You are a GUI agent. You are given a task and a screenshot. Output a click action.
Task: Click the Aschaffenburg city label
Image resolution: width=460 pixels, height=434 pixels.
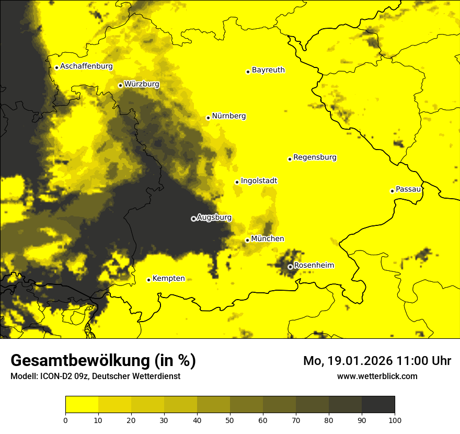[x=86, y=66]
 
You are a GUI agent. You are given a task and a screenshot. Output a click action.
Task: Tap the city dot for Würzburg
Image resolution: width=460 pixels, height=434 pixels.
[x=120, y=85]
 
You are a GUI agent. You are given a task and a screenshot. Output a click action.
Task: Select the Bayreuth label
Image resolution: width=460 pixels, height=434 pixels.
[x=268, y=70]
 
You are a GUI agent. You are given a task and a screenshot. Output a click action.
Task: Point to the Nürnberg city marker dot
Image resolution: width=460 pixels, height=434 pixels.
[x=208, y=118]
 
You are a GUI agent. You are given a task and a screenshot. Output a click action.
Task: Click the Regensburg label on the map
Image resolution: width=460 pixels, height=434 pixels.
[x=315, y=157]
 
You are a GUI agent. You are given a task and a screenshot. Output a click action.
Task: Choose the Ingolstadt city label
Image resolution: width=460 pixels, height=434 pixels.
[x=259, y=181]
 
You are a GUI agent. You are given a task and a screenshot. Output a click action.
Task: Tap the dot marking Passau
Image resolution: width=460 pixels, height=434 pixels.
[x=392, y=191]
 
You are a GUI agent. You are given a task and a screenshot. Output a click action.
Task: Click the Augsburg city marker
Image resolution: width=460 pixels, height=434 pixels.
[x=193, y=219]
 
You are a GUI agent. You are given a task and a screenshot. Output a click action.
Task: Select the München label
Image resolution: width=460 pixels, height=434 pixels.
[x=268, y=239]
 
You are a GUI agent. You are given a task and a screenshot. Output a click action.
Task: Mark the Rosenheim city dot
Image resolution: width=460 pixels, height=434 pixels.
[x=290, y=267]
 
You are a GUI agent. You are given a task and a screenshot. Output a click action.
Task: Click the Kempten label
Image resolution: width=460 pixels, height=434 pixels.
[x=168, y=278]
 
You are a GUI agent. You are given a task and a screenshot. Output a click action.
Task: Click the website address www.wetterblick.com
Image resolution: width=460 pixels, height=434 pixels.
[x=377, y=376]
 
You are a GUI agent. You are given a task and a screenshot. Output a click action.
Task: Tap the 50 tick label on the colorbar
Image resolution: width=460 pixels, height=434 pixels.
[x=230, y=420]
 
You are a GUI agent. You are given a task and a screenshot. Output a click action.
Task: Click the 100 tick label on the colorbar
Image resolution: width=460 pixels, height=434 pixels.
[x=395, y=420]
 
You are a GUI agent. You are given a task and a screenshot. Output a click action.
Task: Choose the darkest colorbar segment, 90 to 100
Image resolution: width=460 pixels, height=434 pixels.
[x=378, y=405]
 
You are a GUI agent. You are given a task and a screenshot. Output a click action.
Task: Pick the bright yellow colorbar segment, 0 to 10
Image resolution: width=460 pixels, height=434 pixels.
[x=82, y=405]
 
